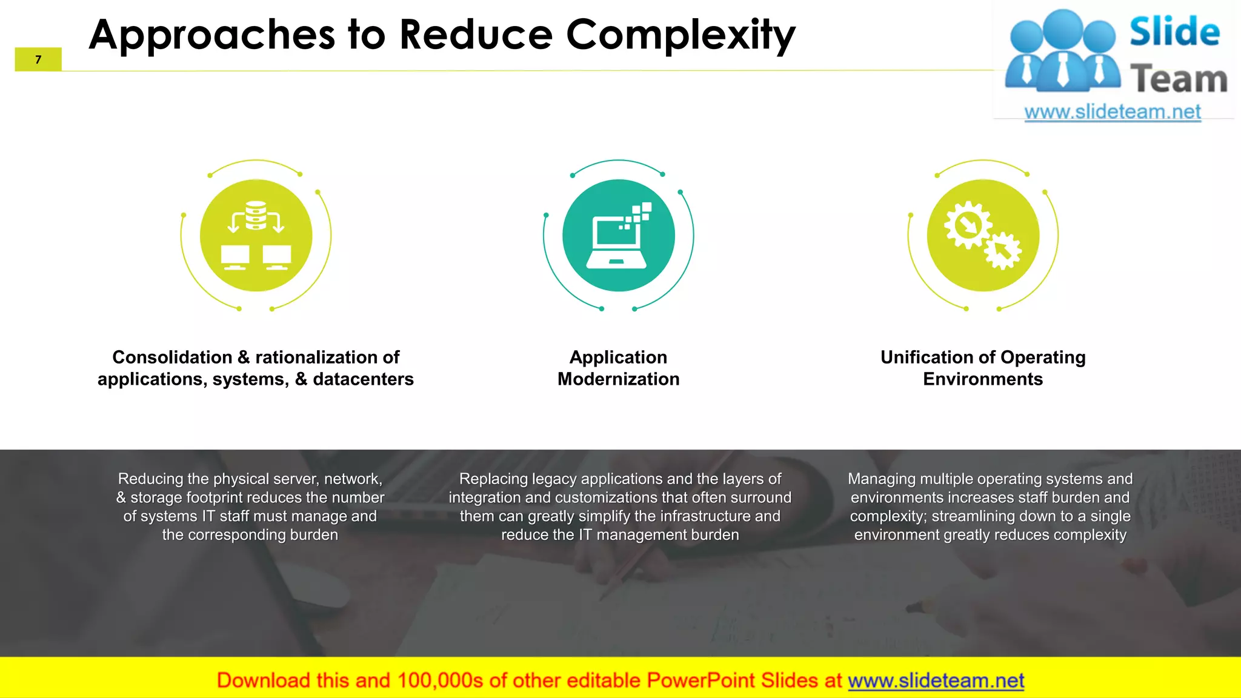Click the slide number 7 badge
(x=38, y=59)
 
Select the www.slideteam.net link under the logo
(x=1113, y=112)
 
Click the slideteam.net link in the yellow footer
(x=936, y=680)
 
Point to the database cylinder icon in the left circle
(x=256, y=215)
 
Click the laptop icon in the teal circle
(x=616, y=242)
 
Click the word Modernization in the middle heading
(x=618, y=379)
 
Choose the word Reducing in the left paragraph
(x=151, y=479)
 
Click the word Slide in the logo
(x=1174, y=32)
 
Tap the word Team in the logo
(x=1179, y=79)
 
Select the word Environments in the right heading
(x=983, y=379)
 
